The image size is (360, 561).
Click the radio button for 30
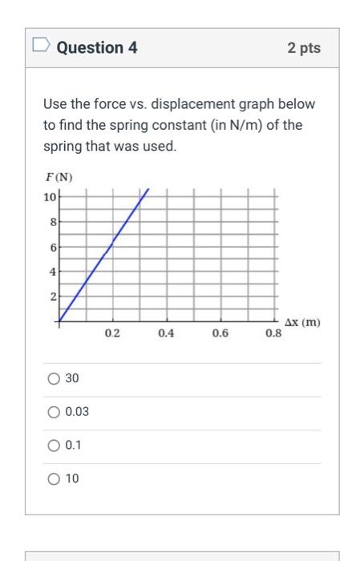coord(54,378)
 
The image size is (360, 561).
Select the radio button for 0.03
coord(54,412)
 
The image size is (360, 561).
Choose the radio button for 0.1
coord(54,446)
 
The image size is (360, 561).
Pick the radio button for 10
coord(54,479)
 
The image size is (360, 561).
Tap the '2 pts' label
coord(303,48)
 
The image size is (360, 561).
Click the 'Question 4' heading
coord(97,48)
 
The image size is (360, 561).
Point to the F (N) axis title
coord(59,177)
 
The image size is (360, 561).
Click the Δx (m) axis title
coord(302,322)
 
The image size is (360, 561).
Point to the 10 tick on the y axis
coord(51,196)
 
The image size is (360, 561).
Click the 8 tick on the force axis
coord(53,221)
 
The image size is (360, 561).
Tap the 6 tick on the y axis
coord(53,247)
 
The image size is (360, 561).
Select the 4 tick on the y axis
coord(53,272)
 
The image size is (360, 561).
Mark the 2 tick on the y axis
coord(53,297)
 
